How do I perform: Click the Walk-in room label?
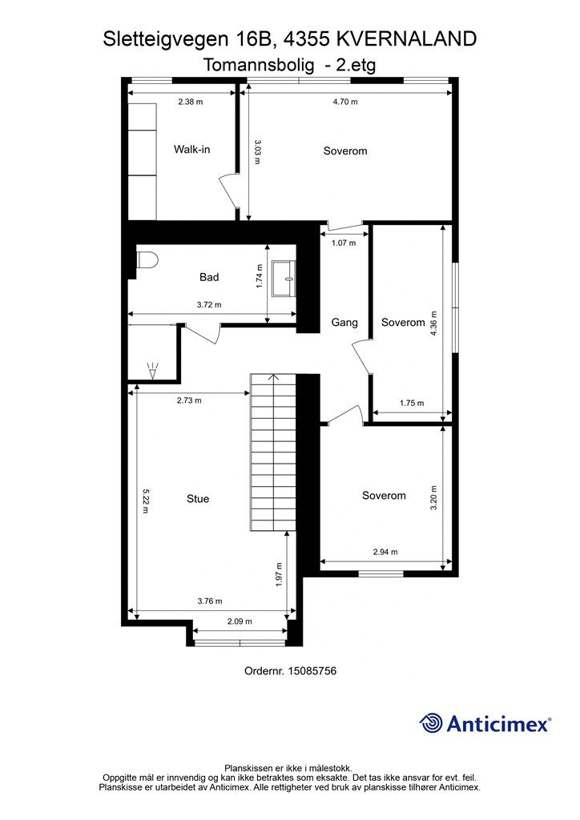(192, 150)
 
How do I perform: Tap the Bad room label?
(209, 277)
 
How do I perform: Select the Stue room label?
(198, 499)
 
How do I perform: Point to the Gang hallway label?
(344, 323)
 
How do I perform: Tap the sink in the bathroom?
(284, 278)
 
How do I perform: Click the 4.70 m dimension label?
(346, 102)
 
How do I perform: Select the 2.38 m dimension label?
(191, 102)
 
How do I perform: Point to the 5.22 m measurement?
(146, 501)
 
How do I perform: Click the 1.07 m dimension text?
(344, 243)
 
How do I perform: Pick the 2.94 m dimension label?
(385, 552)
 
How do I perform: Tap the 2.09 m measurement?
(240, 621)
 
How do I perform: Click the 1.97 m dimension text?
(279, 575)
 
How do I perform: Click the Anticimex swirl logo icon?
(431, 723)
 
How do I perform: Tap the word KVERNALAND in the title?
(406, 39)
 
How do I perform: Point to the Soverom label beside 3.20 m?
(384, 496)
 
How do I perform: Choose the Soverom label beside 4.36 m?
(403, 323)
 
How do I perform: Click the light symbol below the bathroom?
(153, 372)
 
